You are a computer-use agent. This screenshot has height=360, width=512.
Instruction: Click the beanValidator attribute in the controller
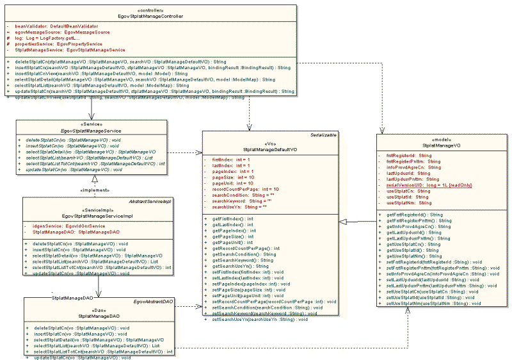click(x=44, y=25)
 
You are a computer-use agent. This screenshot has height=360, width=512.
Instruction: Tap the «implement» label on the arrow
click(x=93, y=190)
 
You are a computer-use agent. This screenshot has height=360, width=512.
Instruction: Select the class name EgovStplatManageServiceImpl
click(x=97, y=216)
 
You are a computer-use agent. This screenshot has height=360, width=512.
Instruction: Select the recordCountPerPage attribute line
click(x=246, y=189)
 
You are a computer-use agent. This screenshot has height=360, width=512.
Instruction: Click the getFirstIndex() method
click(x=232, y=219)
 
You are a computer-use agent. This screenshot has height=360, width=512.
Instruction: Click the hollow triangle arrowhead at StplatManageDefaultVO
click(x=343, y=222)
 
